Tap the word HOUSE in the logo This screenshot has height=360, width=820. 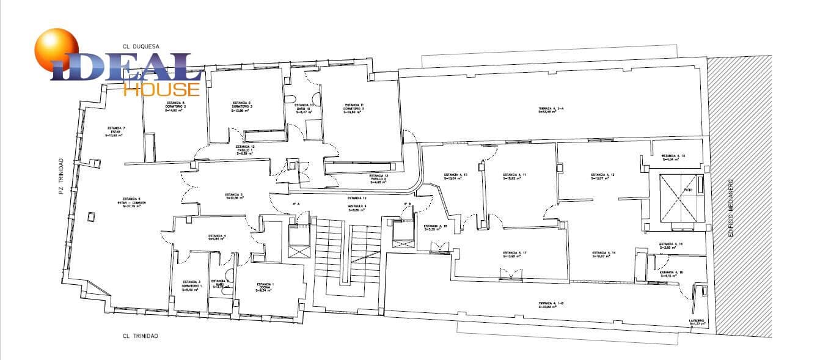point(162,89)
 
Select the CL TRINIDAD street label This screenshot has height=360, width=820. point(141,336)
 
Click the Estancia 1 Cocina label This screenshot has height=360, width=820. point(265,287)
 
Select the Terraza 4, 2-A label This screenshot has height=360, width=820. point(551,109)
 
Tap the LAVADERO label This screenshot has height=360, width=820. point(698,322)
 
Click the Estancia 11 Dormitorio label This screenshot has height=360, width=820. point(354,108)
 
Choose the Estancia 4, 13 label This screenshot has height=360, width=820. point(673,158)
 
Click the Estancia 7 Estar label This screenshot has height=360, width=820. point(116,131)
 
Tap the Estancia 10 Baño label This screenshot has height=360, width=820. point(304,108)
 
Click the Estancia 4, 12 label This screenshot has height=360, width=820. point(602,176)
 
